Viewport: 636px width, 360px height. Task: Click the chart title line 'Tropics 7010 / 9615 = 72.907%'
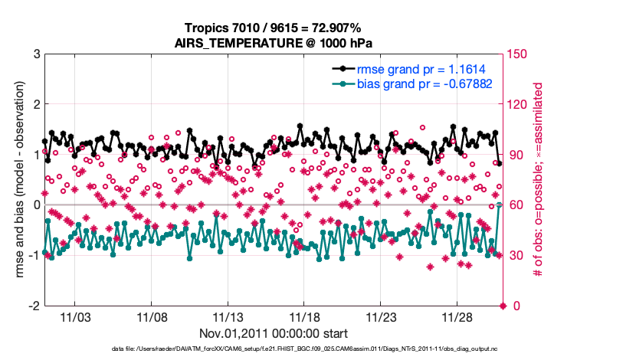tap(273, 28)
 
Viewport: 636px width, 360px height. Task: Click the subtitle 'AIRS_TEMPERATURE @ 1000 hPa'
tap(273, 43)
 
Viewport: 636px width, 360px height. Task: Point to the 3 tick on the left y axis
tap(36, 54)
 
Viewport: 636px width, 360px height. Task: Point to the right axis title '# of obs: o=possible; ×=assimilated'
tap(538, 179)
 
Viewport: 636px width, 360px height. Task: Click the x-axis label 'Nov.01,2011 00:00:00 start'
tap(273, 334)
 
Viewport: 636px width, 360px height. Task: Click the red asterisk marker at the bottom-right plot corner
tap(503, 306)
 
